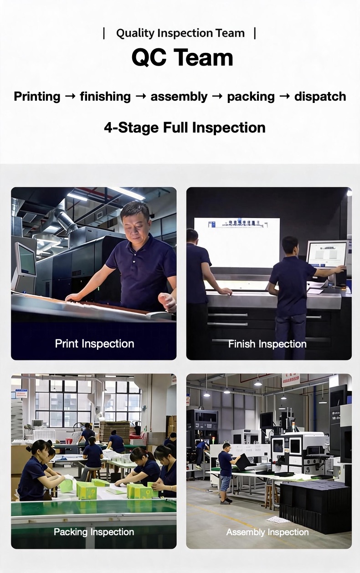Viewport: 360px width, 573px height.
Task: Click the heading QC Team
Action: coord(182,57)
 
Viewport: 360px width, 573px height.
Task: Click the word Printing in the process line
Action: coord(37,97)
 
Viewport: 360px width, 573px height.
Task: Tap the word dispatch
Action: coord(320,97)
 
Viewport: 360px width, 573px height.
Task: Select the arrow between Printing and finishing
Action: coord(70,97)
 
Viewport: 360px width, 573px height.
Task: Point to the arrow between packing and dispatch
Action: coord(284,97)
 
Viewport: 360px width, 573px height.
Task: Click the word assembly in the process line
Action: coord(179,97)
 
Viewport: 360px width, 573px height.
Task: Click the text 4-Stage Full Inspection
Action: coord(185,128)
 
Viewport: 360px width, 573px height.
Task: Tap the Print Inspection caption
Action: coord(94,343)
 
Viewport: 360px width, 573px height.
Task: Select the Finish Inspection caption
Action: coord(267,344)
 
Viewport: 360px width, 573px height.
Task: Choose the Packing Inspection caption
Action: coord(94,532)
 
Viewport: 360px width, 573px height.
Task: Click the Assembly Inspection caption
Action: coord(267,532)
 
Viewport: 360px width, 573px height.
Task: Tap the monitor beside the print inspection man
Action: coord(26,259)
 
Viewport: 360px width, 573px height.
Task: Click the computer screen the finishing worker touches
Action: coord(327,254)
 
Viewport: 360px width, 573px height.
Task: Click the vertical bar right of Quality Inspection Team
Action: coord(255,33)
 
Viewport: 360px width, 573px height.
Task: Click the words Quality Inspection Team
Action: coord(180,33)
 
